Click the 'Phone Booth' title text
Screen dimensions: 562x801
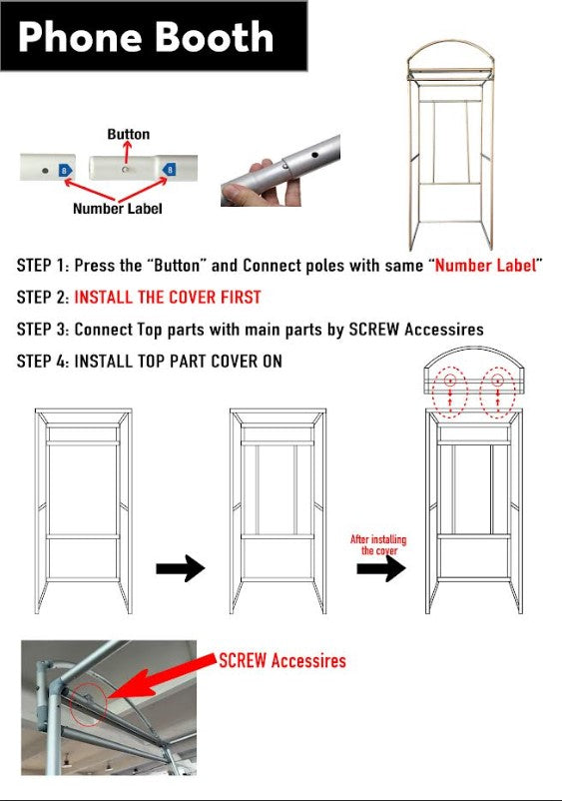[146, 37]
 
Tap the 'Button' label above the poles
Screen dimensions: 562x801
[129, 135]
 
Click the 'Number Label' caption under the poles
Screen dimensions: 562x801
[118, 209]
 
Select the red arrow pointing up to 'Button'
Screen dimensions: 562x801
[127, 152]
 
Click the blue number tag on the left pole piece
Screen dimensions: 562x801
[65, 171]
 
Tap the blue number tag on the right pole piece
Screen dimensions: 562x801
[169, 170]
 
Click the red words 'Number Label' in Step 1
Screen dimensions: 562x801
[485, 265]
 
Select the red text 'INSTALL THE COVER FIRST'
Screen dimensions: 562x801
[168, 298]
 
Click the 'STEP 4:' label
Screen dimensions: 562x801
[43, 362]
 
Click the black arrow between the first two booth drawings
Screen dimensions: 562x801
[181, 568]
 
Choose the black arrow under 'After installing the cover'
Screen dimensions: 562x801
[381, 568]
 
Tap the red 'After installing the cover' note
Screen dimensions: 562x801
[378, 544]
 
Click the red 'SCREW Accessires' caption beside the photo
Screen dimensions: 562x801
[282, 660]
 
